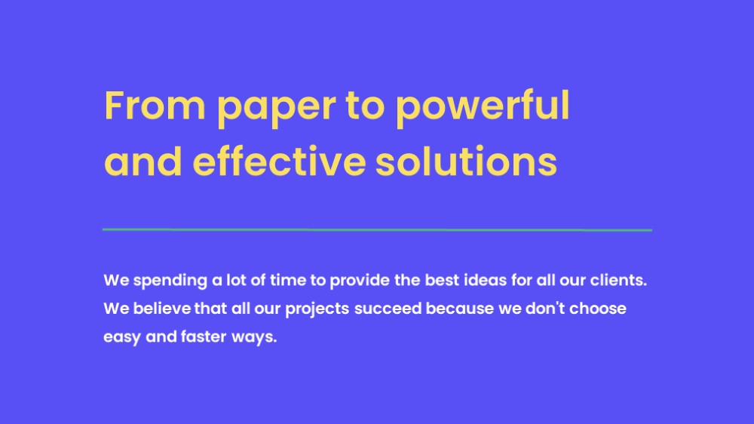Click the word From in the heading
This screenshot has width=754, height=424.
coord(155,105)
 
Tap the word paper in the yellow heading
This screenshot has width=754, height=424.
coord(277,109)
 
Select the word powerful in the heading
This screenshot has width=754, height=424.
coord(483,108)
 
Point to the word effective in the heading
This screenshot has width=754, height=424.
coord(280,160)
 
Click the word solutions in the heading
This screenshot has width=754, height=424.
coord(466,160)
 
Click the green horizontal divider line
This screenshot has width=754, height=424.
coord(377,230)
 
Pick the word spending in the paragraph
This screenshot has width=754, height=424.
coord(170,281)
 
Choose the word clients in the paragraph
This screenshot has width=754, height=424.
coord(618,280)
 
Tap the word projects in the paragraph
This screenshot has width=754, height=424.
coord(317,309)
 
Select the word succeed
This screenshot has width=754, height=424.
coord(388,308)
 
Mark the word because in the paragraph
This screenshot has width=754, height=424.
coord(460,308)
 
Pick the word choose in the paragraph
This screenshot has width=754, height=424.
coord(598,308)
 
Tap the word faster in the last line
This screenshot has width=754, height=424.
coord(204,336)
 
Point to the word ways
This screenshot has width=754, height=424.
coord(254,338)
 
